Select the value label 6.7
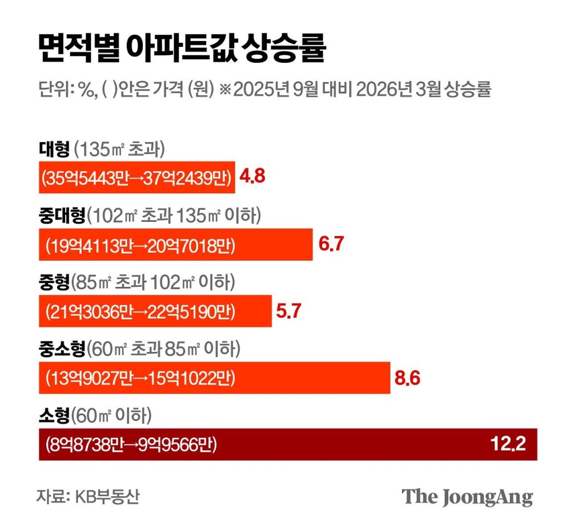click(x=331, y=245)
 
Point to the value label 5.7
click(x=289, y=311)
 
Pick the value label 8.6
click(x=408, y=378)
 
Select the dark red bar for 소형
click(x=343, y=444)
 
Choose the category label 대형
click(x=54, y=149)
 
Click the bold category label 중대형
click(x=61, y=216)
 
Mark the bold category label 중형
click(x=54, y=282)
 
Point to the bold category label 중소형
click(x=61, y=348)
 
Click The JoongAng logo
click(x=467, y=497)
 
